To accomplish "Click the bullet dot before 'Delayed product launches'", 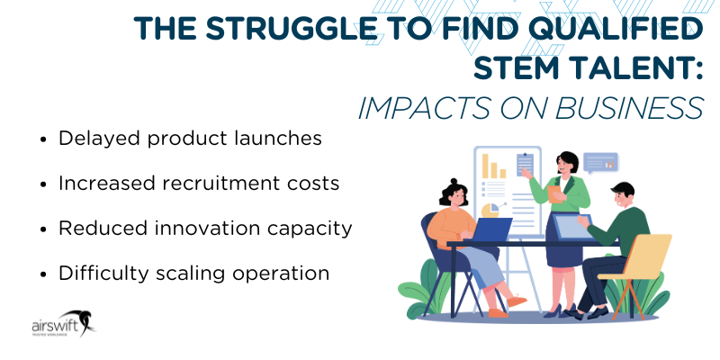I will [45, 139].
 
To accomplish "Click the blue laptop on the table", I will [490, 231].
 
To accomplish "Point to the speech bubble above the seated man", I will [600, 163].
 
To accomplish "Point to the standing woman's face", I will [569, 165].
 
